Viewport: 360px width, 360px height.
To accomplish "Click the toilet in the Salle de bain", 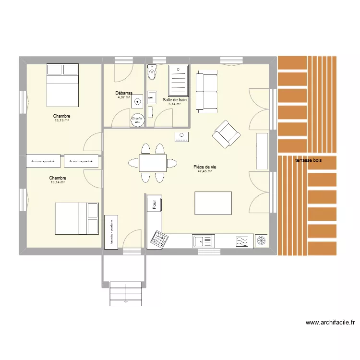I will pyautogui.click(x=152, y=72).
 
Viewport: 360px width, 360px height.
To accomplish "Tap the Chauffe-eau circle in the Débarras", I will pyautogui.click(x=137, y=119).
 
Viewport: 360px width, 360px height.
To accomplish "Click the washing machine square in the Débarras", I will pyautogui.click(x=138, y=101).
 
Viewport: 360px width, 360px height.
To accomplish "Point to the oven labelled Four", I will pyautogui.click(x=155, y=204).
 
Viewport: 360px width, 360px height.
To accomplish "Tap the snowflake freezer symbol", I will pyautogui.click(x=262, y=240).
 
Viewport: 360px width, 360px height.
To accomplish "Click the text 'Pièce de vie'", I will pyautogui.click(x=205, y=167).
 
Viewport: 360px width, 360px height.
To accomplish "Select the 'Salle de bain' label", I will pyautogui.click(x=175, y=100).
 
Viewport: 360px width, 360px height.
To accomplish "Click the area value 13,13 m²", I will pyautogui.click(x=61, y=120).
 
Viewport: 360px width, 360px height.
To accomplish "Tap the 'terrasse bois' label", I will pyautogui.click(x=309, y=160).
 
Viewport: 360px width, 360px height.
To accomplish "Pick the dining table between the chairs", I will pyautogui.click(x=153, y=162).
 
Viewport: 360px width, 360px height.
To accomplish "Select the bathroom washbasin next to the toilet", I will pyautogui.click(x=152, y=97).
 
